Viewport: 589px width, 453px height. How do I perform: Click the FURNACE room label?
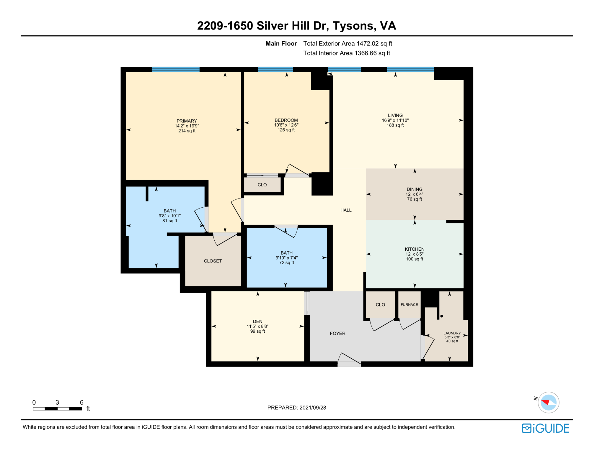click(409, 305)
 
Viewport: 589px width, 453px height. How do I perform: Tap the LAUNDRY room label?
click(452, 333)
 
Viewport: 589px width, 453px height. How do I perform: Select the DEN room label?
click(257, 321)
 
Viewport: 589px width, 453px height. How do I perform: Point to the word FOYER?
click(337, 334)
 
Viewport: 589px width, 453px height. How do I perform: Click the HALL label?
click(346, 210)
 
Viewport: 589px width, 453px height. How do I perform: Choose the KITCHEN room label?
click(415, 249)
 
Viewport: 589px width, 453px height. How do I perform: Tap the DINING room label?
click(415, 189)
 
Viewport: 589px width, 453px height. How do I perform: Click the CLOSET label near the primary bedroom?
click(213, 261)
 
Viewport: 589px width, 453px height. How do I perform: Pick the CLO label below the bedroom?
click(262, 185)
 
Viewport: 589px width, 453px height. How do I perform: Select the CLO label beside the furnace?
click(380, 305)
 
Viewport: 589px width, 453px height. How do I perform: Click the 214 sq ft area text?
click(187, 131)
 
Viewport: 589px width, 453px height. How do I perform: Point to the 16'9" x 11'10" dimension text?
click(395, 120)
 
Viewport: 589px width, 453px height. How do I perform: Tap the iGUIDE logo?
click(545, 428)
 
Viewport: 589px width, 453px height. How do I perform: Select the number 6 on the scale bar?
click(81, 403)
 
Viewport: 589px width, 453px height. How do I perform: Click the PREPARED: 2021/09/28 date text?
click(296, 408)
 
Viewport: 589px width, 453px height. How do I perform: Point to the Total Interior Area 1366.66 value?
click(347, 53)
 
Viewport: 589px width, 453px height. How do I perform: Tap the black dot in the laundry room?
click(441, 316)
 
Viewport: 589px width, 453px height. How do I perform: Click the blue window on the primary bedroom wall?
click(175, 70)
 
